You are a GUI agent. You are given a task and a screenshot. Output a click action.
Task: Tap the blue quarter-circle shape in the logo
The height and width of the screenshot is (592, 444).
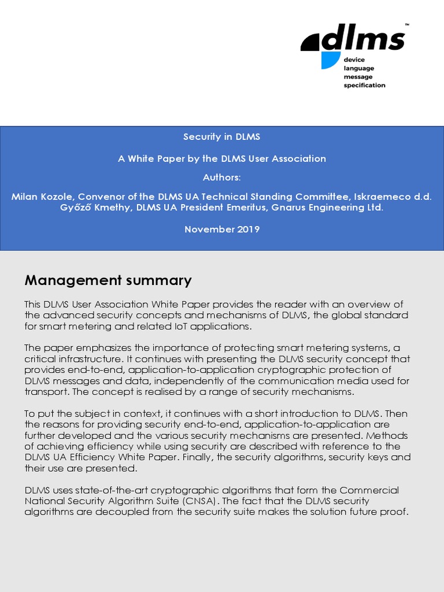[x=330, y=60]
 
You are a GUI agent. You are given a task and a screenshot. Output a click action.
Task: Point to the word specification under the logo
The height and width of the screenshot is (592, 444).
[x=364, y=85]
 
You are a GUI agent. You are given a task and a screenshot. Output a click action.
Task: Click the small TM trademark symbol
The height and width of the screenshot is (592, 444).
[x=406, y=25]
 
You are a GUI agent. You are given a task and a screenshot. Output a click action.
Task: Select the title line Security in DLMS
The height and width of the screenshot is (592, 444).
[x=222, y=137]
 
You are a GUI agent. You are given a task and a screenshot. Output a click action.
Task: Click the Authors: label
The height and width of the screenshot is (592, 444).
[x=222, y=177]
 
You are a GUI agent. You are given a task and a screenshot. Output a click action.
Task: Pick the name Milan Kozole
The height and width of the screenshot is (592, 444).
[x=39, y=197]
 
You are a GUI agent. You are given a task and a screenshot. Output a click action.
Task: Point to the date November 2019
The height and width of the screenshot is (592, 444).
[x=222, y=229]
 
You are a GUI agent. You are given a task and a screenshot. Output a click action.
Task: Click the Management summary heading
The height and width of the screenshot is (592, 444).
[x=108, y=281]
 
